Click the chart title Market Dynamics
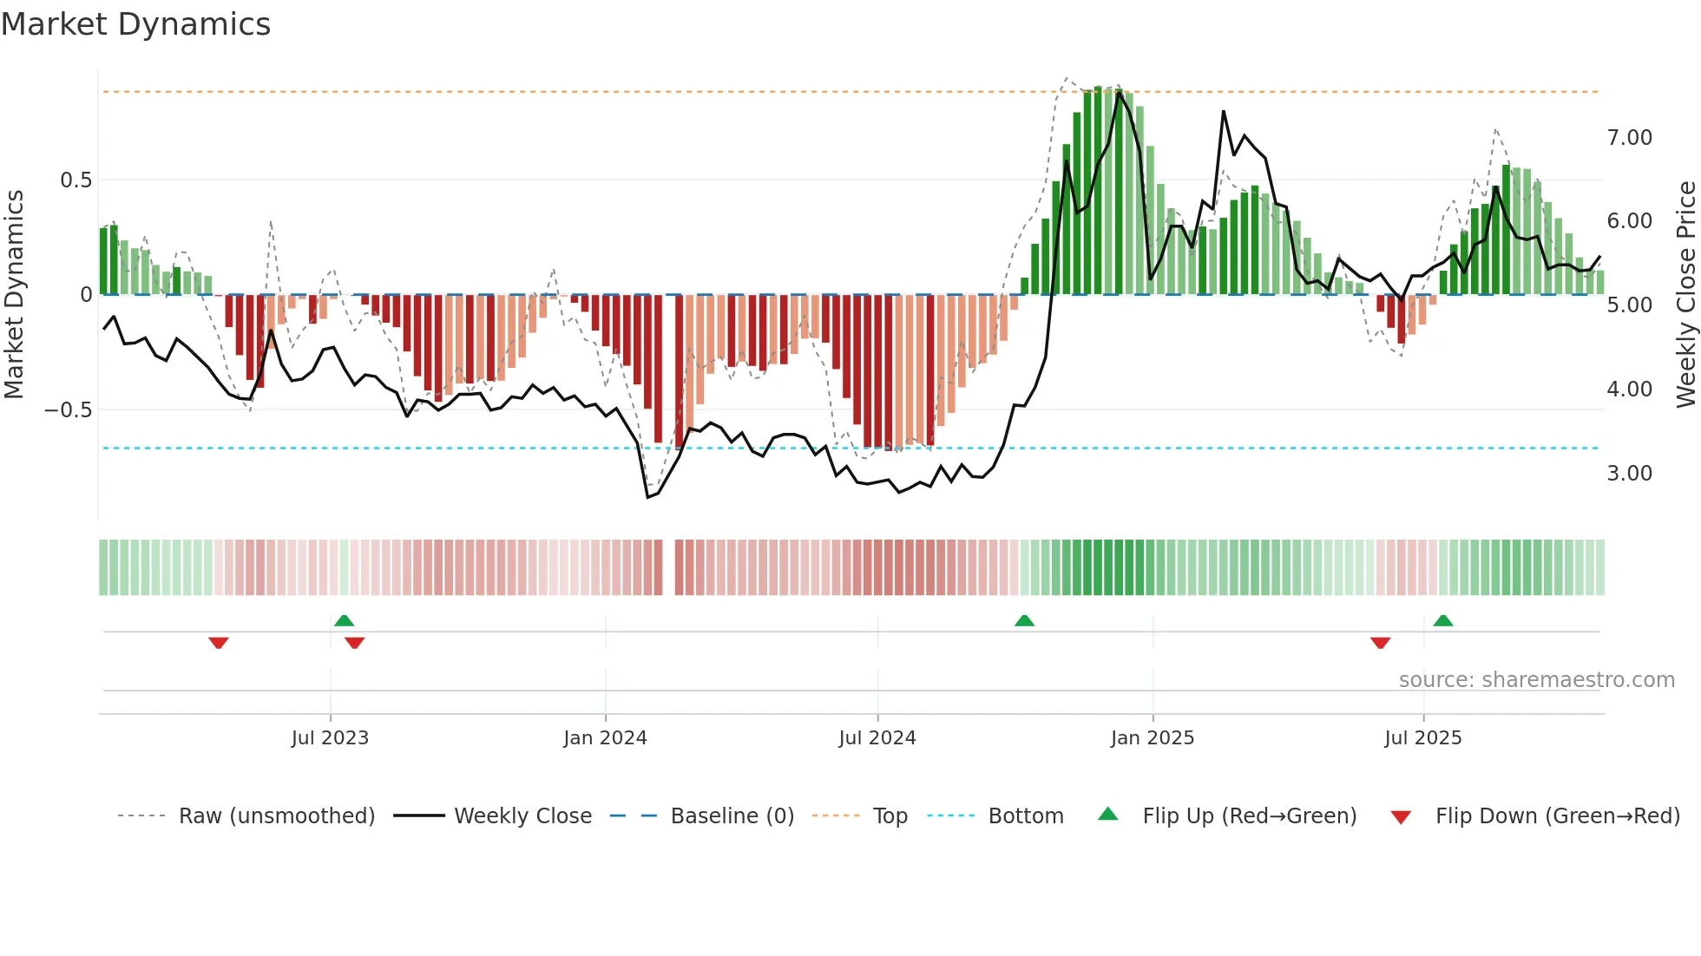point(135,24)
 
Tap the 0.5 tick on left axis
point(76,180)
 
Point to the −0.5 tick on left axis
point(69,409)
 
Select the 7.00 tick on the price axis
point(1629,138)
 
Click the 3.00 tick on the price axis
point(1629,474)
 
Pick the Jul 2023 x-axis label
point(330,738)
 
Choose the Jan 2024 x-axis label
point(605,738)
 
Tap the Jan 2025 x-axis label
point(1153,738)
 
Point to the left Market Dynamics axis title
point(14,295)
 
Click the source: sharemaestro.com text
point(1536,680)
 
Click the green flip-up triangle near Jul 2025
point(1443,621)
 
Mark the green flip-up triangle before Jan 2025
point(1024,621)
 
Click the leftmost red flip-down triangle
point(219,643)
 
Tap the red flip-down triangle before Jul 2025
point(1381,643)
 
